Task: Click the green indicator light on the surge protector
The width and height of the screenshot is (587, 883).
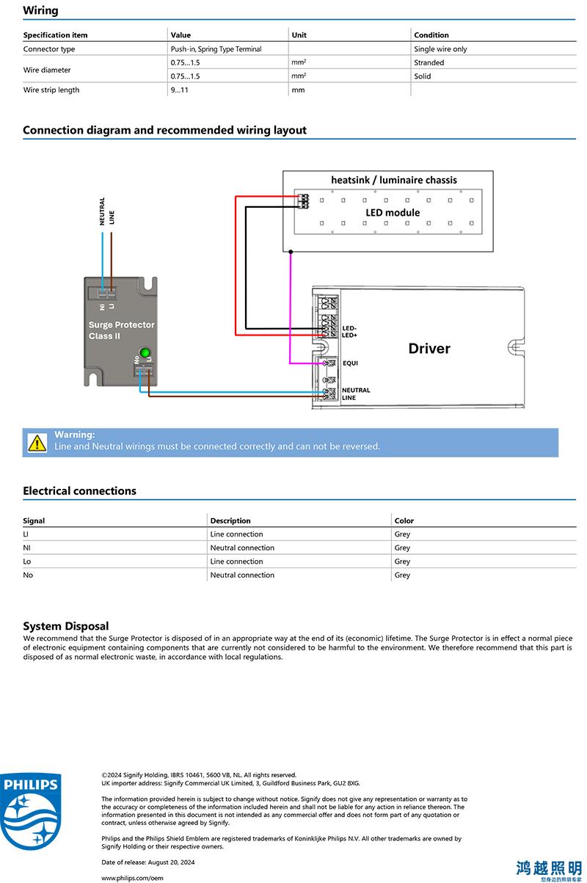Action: pyautogui.click(x=145, y=352)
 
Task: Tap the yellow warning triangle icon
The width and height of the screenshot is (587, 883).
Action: pyautogui.click(x=37, y=443)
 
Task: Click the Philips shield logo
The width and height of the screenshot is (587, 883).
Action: pyautogui.click(x=31, y=811)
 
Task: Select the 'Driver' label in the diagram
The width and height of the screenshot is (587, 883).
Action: pyautogui.click(x=429, y=349)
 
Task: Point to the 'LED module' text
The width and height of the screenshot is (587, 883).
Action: pyautogui.click(x=393, y=212)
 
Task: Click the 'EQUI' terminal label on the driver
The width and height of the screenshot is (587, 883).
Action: pyautogui.click(x=350, y=363)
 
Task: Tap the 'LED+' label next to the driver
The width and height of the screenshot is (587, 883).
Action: pyautogui.click(x=349, y=335)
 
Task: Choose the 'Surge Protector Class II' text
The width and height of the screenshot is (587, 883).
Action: pyautogui.click(x=121, y=330)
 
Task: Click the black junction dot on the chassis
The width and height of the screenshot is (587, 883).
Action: pyautogui.click(x=291, y=252)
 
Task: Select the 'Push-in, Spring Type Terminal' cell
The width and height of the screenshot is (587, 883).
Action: pyautogui.click(x=216, y=49)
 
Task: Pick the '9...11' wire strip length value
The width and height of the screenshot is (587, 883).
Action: pyautogui.click(x=179, y=90)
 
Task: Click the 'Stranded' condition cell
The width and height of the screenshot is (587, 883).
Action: pyautogui.click(x=429, y=62)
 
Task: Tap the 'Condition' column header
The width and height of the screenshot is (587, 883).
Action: pyautogui.click(x=431, y=34)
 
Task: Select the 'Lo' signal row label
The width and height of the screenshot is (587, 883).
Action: pyautogui.click(x=27, y=561)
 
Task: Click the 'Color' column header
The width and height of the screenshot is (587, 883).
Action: pyautogui.click(x=404, y=520)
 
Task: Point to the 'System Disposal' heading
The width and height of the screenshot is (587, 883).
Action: pyautogui.click(x=66, y=625)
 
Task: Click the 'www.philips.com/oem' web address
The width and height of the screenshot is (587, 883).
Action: pyautogui.click(x=132, y=878)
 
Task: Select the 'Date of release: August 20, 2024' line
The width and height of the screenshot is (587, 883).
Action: pyautogui.click(x=147, y=862)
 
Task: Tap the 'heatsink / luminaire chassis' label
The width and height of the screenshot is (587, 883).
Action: pyautogui.click(x=394, y=180)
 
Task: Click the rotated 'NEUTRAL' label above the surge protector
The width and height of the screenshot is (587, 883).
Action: pyautogui.click(x=102, y=211)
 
